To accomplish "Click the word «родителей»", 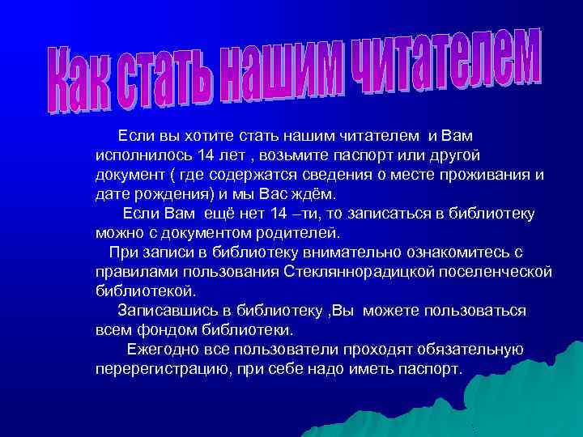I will (x=299, y=233).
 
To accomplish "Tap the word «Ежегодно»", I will (x=164, y=350).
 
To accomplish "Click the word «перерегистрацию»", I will (x=160, y=369).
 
